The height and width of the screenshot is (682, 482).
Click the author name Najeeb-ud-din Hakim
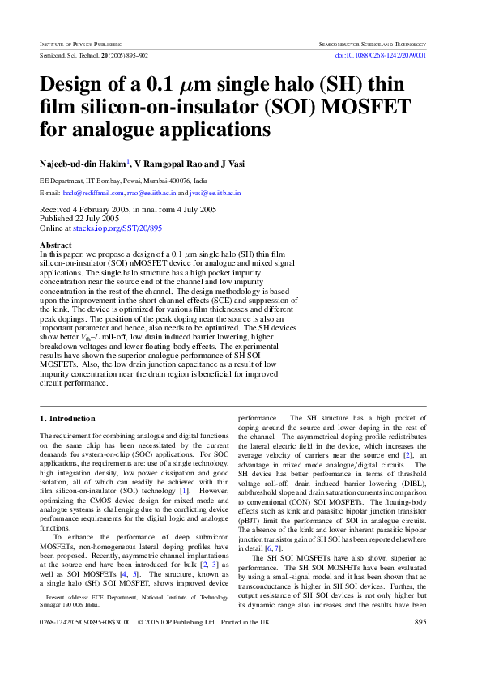[x=82, y=164]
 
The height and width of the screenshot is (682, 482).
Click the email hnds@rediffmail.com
[x=93, y=194]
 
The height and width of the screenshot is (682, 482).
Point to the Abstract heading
[x=56, y=245]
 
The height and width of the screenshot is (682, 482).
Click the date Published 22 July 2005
[x=79, y=219]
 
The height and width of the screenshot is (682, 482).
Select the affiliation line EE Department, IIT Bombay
[x=123, y=181]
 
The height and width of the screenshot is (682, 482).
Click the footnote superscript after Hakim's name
[x=128, y=160]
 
